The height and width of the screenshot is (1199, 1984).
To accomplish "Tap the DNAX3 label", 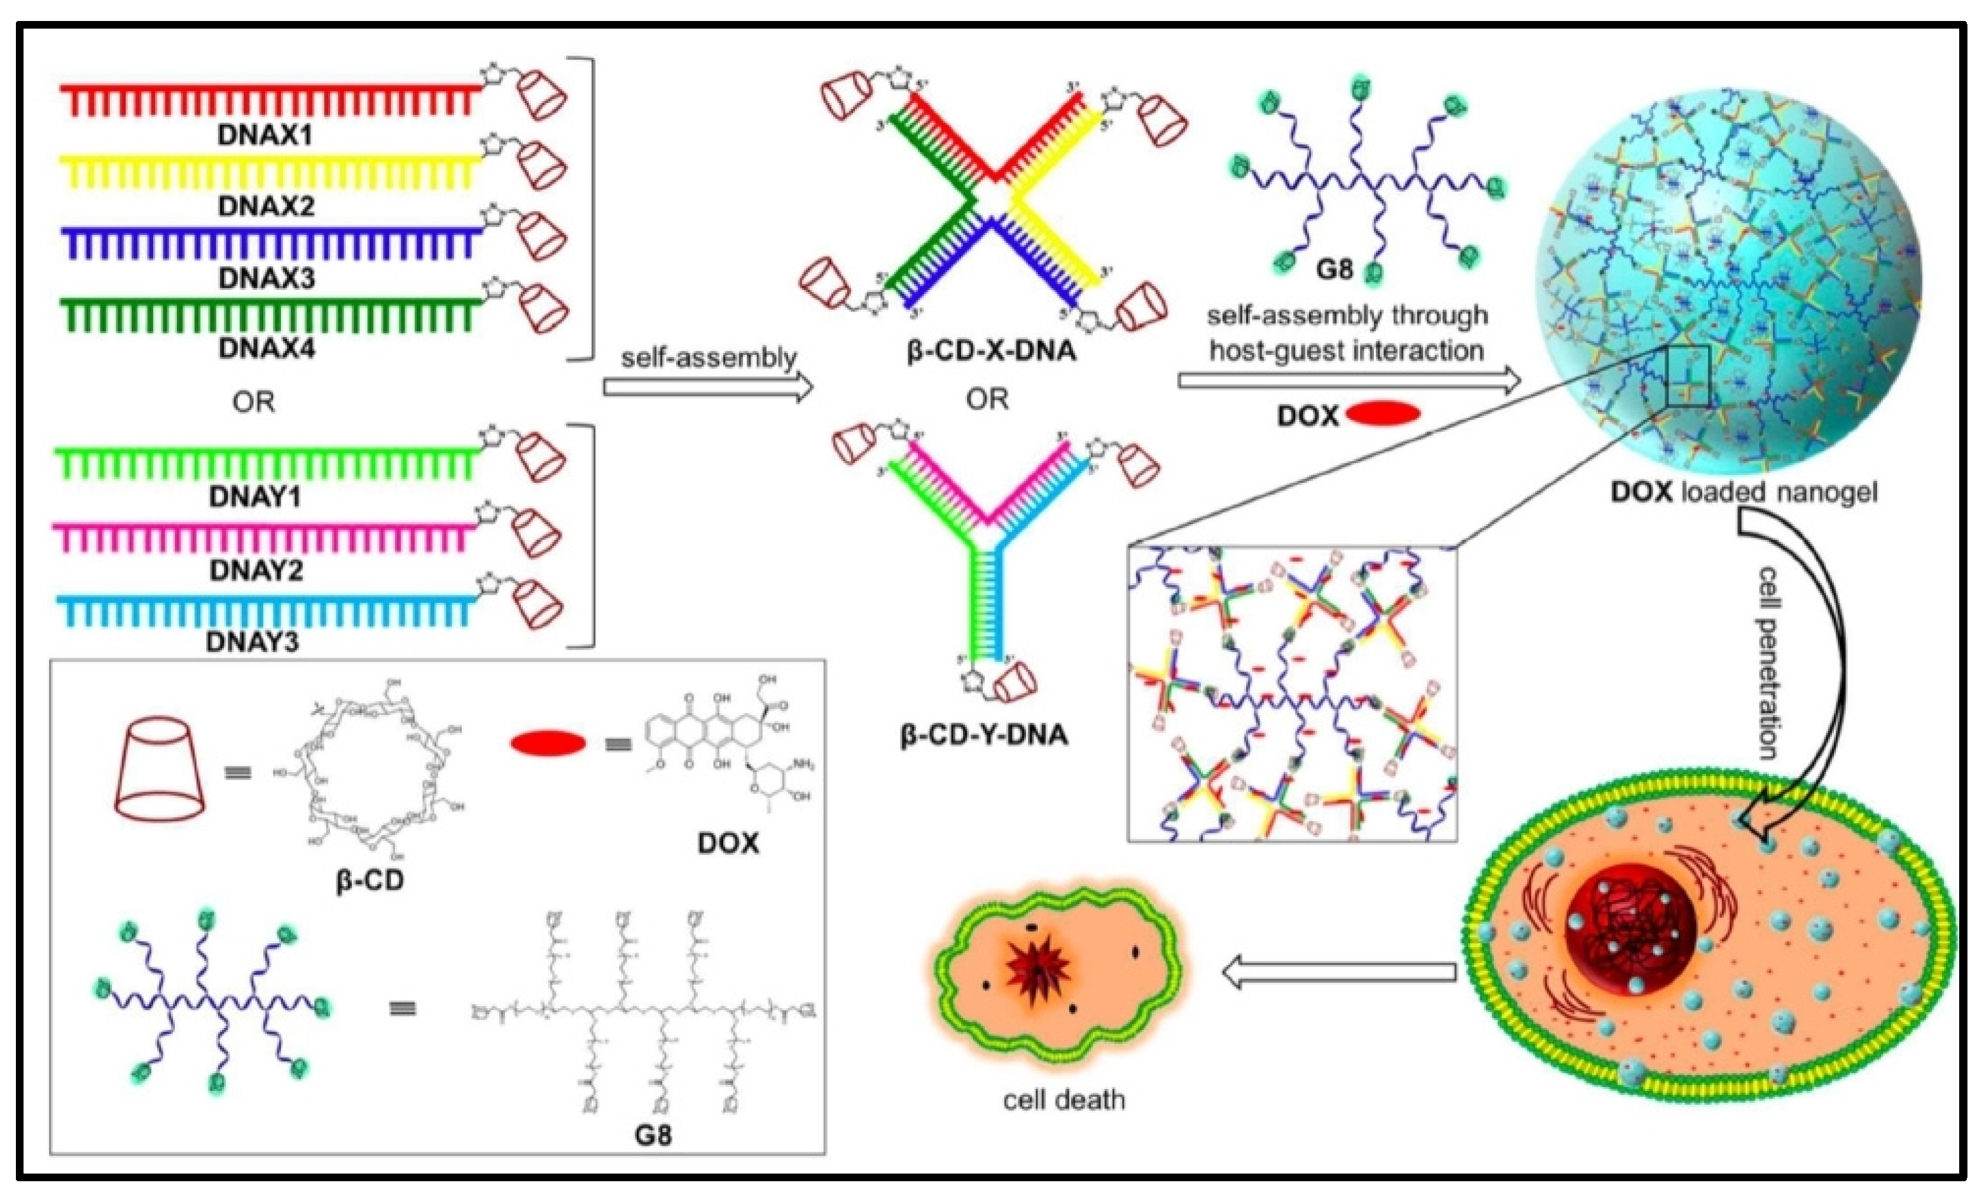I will point(266,278).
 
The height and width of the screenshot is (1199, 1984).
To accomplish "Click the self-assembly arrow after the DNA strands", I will point(708,387).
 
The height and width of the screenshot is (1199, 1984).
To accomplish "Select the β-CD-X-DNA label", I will point(991,351).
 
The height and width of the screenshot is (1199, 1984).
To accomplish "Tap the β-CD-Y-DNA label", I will point(983,735).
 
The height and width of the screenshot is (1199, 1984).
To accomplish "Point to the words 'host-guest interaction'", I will point(1346,351).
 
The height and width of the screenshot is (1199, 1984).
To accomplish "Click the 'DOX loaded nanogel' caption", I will point(1744,492).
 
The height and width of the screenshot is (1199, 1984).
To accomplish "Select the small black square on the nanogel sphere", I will point(1688,376).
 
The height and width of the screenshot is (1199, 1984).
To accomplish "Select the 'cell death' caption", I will point(1063,1099).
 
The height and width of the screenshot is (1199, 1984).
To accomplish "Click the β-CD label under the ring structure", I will point(370,880).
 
